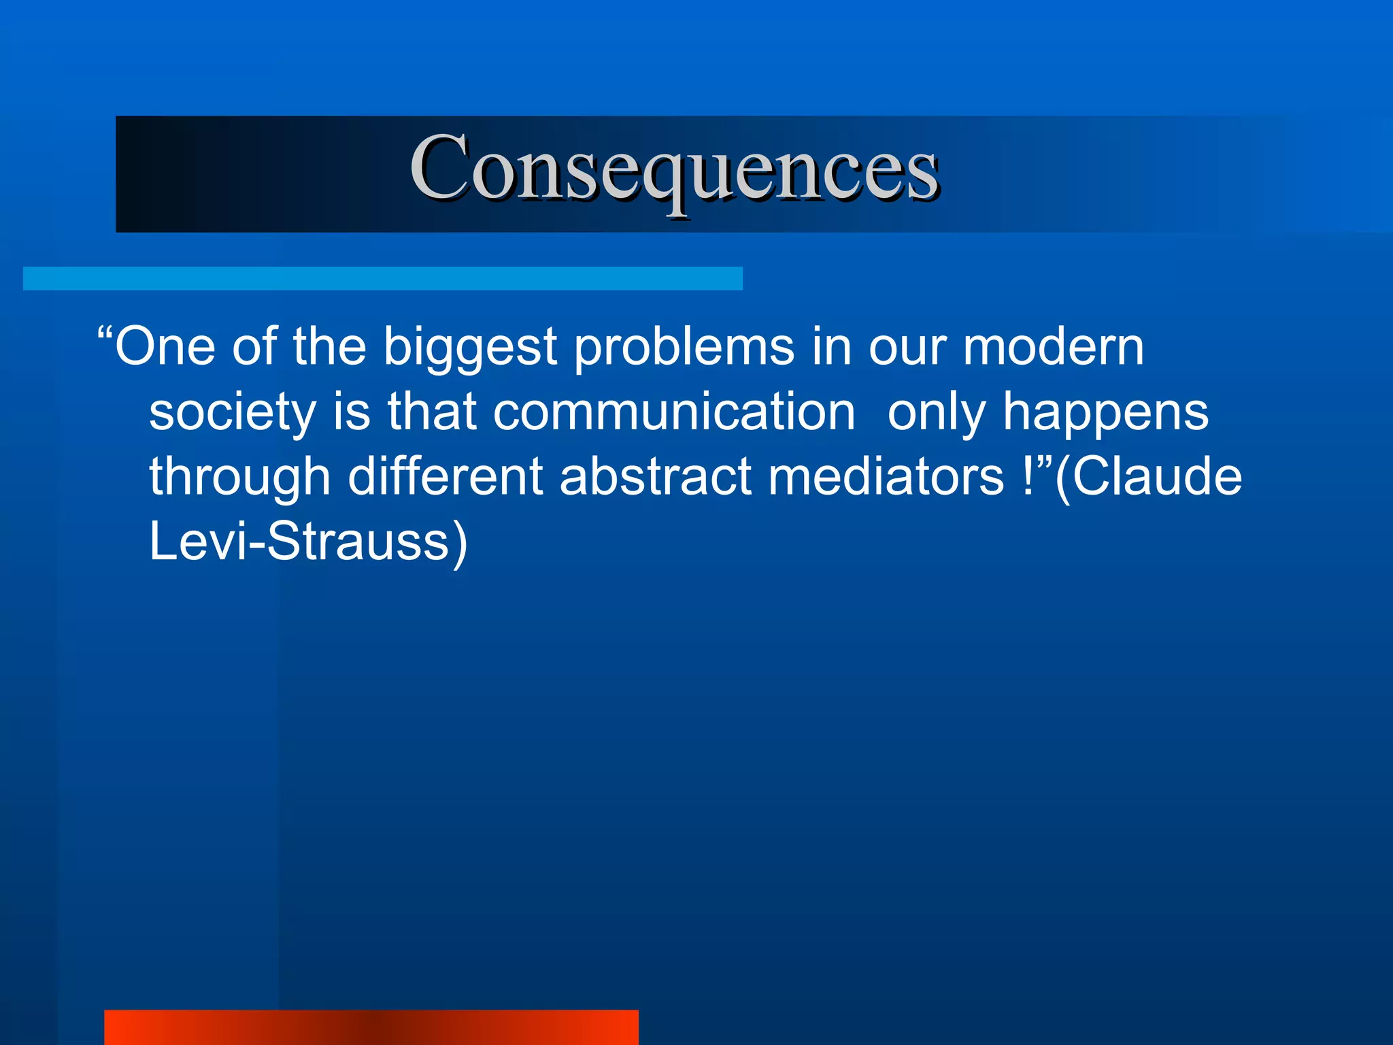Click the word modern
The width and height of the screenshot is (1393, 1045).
(x=1053, y=347)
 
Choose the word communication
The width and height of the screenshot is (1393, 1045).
(x=673, y=412)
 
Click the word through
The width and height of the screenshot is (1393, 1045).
(x=239, y=478)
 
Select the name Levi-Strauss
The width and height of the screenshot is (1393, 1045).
(x=299, y=542)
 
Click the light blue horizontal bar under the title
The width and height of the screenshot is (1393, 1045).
(x=382, y=278)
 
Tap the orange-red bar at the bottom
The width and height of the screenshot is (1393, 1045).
(x=371, y=1027)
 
